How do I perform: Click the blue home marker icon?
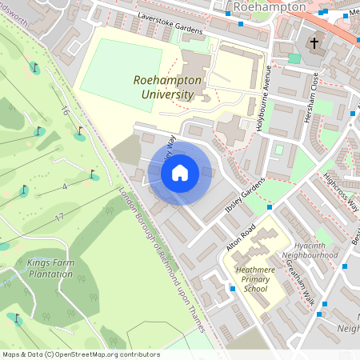180,172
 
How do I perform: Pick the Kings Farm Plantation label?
50,268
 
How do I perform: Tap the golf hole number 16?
64,111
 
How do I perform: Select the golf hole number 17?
59,217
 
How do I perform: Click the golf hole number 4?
64,186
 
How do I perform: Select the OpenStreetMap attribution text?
80,354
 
